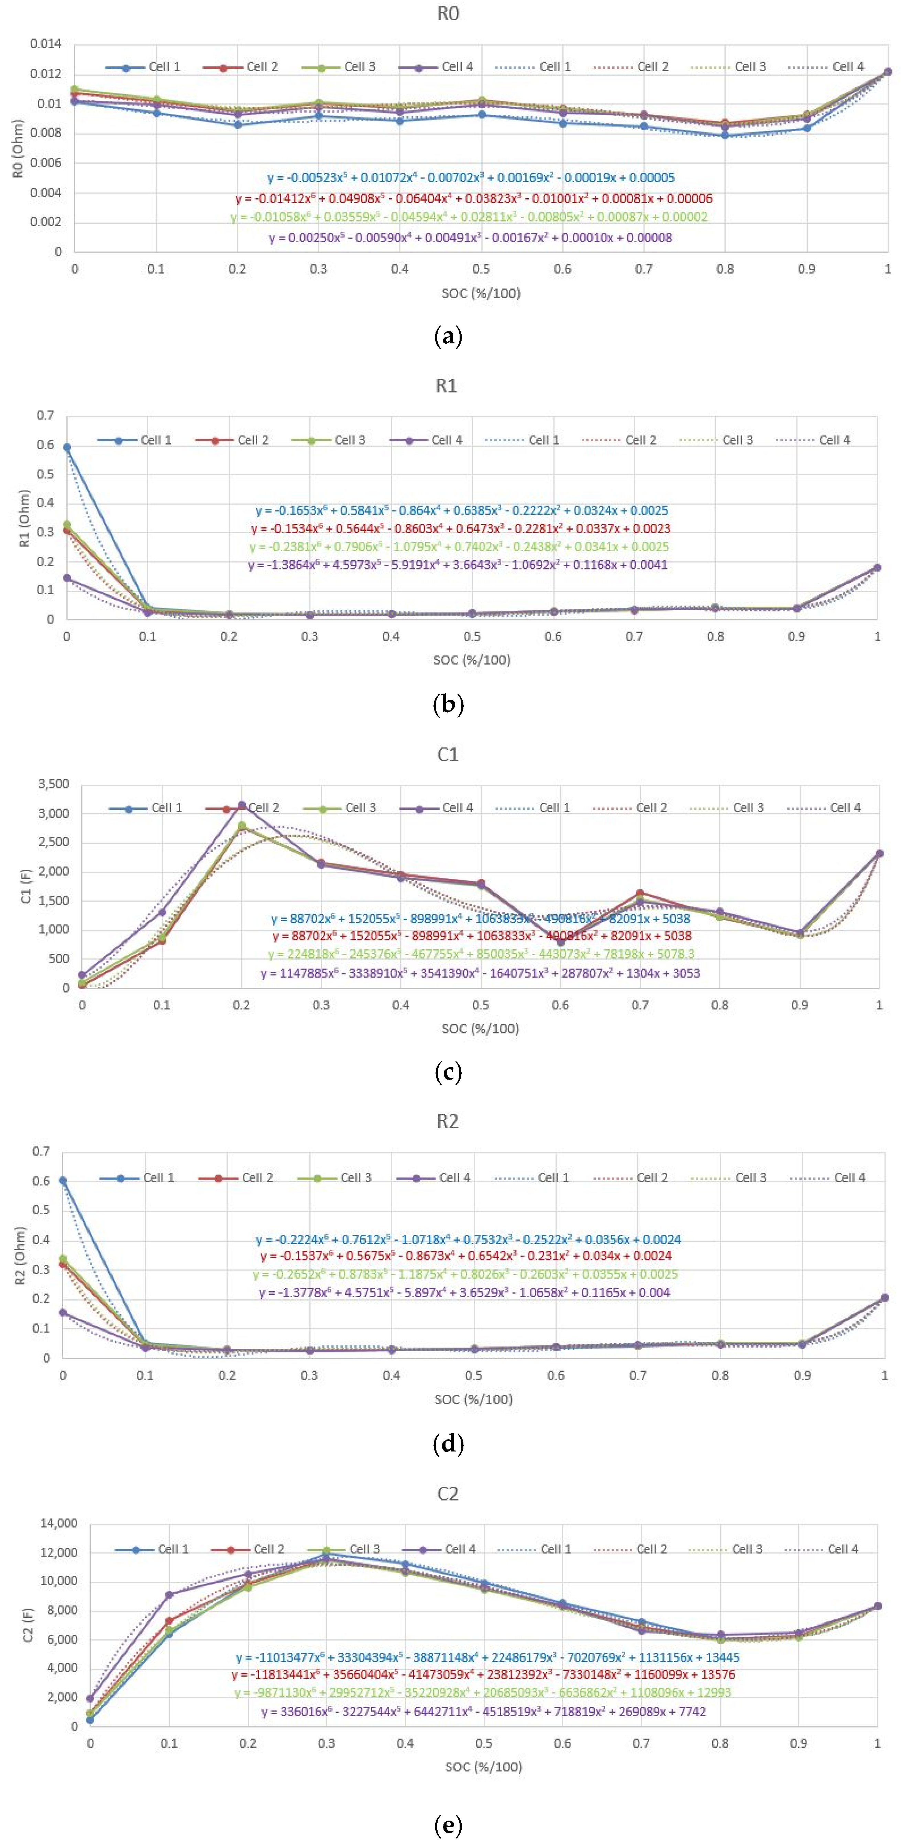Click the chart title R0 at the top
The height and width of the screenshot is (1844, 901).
448,14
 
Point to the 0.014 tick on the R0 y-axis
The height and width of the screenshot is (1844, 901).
46,44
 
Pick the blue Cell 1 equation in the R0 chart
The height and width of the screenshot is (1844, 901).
471,178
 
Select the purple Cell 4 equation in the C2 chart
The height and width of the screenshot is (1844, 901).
483,1712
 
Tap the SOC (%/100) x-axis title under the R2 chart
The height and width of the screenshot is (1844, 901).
473,1399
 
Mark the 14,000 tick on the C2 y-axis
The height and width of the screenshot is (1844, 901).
59,1523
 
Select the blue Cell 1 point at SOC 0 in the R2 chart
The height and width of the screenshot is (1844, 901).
63,1180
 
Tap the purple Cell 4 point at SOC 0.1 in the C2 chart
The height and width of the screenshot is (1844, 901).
169,1595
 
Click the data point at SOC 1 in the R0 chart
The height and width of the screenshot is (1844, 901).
887,71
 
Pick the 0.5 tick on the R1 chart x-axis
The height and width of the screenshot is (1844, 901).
472,637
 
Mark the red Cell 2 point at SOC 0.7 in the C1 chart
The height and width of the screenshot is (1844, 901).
640,893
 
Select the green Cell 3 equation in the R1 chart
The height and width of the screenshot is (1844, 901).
459,547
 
